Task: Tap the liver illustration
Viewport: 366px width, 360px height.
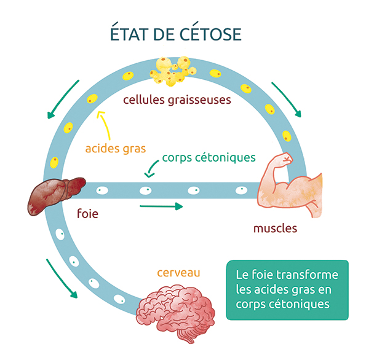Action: [56, 195]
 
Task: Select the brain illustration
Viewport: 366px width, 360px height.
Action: [175, 313]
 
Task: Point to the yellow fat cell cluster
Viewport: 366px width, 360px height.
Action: [173, 71]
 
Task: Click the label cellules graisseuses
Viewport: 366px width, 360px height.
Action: [177, 100]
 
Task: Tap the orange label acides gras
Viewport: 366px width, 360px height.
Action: [116, 149]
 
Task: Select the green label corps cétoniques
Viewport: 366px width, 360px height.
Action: [209, 158]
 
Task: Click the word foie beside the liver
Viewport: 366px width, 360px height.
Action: [87, 213]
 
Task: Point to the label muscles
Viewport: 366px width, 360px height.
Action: [275, 229]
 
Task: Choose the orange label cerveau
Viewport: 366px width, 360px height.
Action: [178, 273]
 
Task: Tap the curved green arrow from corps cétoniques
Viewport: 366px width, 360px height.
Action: [151, 168]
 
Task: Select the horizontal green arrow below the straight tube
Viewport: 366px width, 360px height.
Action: [161, 206]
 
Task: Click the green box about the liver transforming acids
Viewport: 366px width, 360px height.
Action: [287, 290]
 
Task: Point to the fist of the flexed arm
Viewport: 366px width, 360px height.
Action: [287, 159]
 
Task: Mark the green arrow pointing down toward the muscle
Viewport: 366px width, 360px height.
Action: [287, 100]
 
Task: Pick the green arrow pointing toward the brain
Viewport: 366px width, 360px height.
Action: [62, 279]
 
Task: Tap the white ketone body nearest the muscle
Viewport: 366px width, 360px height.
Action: [241, 190]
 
